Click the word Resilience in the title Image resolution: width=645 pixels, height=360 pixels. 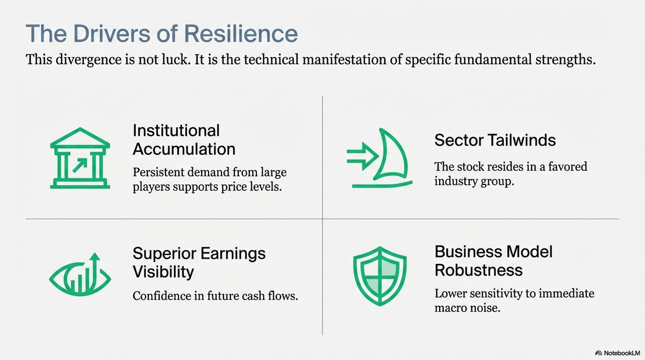click(x=243, y=33)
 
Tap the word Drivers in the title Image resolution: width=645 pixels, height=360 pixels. click(x=111, y=33)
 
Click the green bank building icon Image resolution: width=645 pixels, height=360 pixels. click(x=80, y=158)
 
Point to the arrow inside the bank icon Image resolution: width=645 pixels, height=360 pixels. click(x=80, y=165)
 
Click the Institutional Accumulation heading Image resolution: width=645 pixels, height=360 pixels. click(x=184, y=140)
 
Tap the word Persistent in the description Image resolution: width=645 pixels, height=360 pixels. click(x=159, y=172)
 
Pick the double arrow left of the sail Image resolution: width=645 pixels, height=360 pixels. click(x=363, y=156)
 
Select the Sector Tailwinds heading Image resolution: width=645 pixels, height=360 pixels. click(x=495, y=140)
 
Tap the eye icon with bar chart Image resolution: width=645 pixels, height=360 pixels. click(x=80, y=275)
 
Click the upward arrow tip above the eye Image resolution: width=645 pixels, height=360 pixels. click(x=95, y=253)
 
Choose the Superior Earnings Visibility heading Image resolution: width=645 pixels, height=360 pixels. click(x=199, y=262)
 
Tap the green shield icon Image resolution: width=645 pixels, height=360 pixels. click(x=380, y=276)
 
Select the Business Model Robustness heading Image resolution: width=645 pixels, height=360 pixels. click(x=493, y=261)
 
